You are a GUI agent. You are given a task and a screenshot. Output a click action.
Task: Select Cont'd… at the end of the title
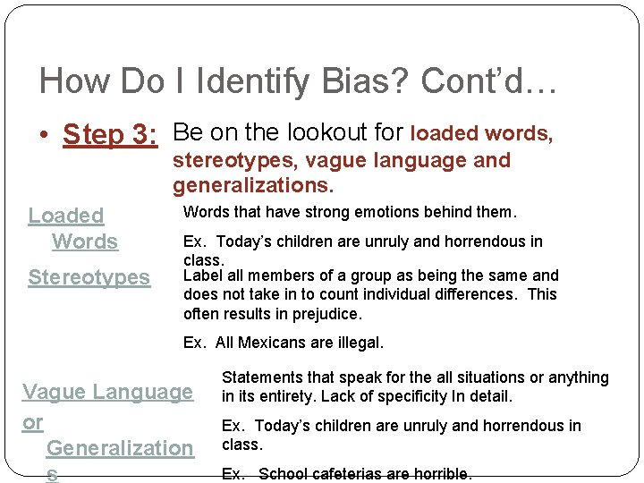click(x=489, y=81)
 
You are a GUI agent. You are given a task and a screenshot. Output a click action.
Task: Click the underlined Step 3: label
click(x=110, y=135)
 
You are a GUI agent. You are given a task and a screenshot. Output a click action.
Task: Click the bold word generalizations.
click(x=253, y=186)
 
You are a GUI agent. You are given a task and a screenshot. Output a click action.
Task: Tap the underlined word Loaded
click(x=66, y=216)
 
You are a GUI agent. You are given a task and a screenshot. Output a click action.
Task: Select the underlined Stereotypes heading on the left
click(x=89, y=277)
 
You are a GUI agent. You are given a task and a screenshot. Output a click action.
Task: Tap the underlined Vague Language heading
click(x=107, y=392)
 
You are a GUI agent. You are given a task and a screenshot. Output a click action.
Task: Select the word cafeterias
click(x=343, y=474)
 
